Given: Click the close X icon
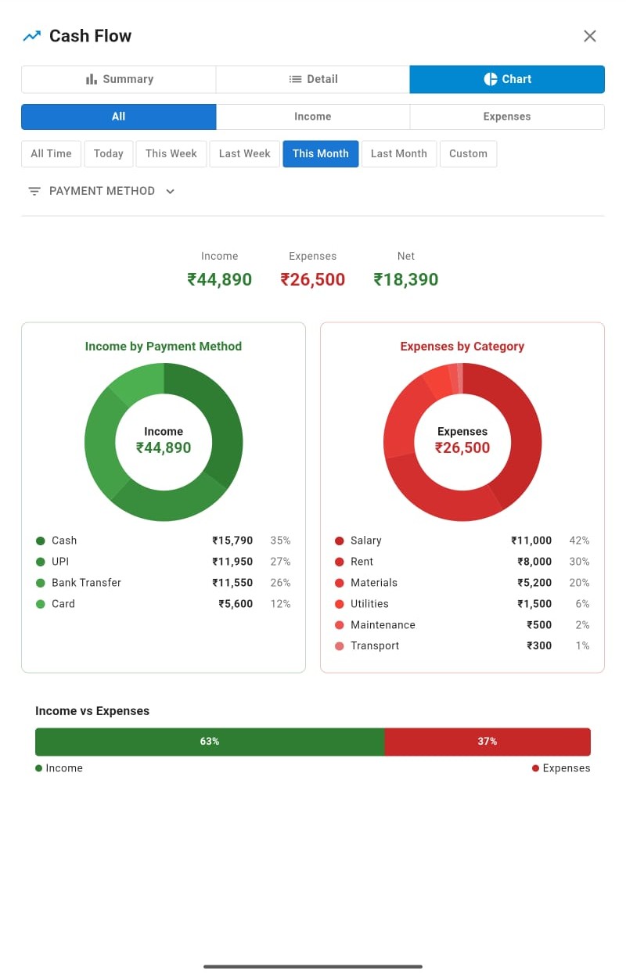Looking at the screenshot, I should coord(590,36).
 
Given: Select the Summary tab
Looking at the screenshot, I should coord(119,79).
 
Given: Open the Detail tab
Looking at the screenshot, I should coord(313,79).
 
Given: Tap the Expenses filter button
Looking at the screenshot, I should coord(506,117).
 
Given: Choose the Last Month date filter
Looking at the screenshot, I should coord(398,153).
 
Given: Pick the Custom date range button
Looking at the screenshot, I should coord(468,153).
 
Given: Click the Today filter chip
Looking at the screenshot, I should coord(108,153).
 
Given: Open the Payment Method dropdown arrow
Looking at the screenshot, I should coord(171,191).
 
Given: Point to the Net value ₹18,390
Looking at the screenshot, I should coord(405,279).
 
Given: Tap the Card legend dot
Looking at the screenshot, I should coord(41,604).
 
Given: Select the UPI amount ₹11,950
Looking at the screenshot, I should coord(232,562).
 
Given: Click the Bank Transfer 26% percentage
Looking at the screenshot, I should coord(280,583).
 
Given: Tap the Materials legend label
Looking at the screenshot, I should coord(374,583).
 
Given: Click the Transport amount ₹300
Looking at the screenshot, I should coord(538,646).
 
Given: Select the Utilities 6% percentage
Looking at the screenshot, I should coord(582,604).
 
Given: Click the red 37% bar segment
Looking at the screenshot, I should coord(487,742).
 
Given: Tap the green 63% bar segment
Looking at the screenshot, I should coord(209,742).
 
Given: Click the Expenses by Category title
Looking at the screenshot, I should coord(462,347).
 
